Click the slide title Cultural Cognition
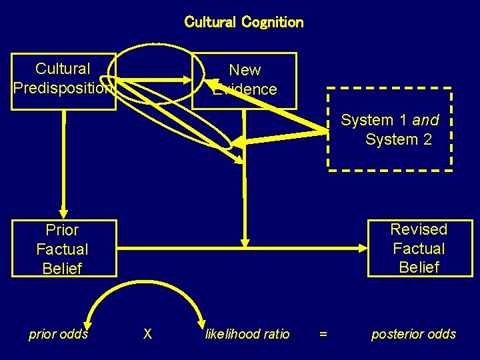tap(243, 22)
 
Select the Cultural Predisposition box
tap(63, 80)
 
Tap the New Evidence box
tap(244, 80)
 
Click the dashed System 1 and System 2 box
tap(389, 129)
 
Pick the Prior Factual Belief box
tap(63, 249)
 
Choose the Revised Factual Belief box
tap(419, 248)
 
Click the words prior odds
tap(59, 334)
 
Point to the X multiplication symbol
tap(147, 334)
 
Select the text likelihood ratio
tap(247, 334)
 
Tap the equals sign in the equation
tap(323, 334)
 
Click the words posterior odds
tap(413, 334)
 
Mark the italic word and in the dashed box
tap(425, 121)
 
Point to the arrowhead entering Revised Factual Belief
tap(361, 249)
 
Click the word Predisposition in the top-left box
tap(63, 88)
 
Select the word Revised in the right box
tap(419, 229)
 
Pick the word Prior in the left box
tap(63, 230)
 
